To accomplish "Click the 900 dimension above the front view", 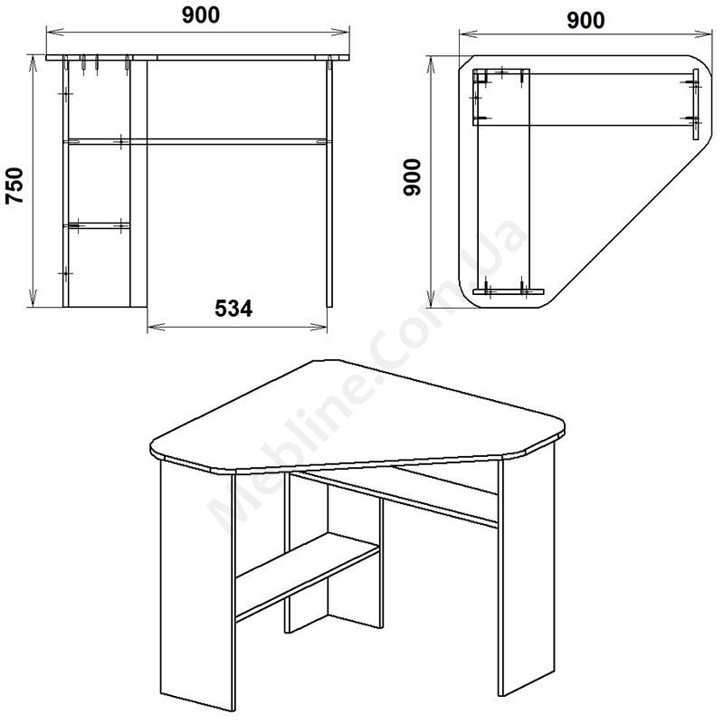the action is click(x=201, y=15).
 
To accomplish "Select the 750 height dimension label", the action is click(x=14, y=186).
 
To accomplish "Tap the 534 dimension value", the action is click(x=233, y=309).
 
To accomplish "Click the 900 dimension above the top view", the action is click(x=586, y=20).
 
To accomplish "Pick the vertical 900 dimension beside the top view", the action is click(x=413, y=177).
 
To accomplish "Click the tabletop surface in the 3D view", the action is click(x=357, y=415).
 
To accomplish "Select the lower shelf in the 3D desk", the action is click(x=307, y=575).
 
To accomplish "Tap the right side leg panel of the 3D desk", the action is click(x=527, y=568).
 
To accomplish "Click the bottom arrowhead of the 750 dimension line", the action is click(x=33, y=298).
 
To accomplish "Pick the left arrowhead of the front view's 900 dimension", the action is click(x=54, y=32).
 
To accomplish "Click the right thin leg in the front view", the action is click(x=329, y=183).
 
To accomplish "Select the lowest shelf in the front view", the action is click(x=98, y=225).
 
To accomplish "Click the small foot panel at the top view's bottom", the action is click(x=509, y=291).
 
